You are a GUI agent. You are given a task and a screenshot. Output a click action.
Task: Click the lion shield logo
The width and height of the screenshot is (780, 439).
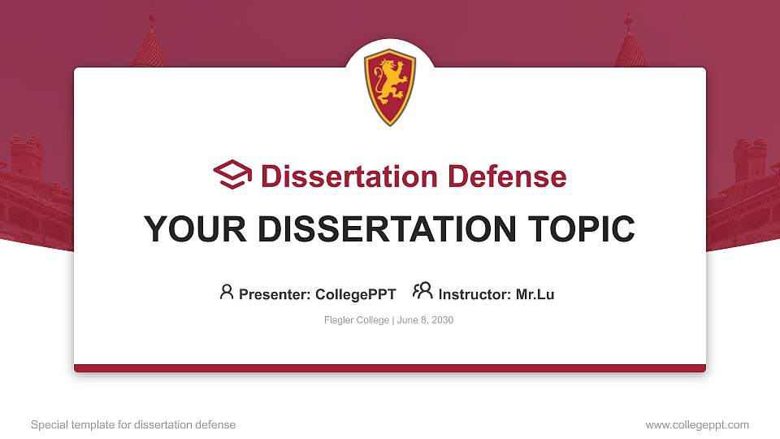pos(390,87)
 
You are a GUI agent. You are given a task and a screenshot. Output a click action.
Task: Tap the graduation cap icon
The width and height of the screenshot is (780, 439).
pos(233,175)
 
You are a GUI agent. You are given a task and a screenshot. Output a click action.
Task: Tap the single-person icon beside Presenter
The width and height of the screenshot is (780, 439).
pos(227,292)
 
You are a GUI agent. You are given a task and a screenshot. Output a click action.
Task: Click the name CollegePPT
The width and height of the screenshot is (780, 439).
pos(355,294)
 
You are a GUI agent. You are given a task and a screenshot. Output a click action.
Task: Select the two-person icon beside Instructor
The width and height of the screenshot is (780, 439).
pos(422,291)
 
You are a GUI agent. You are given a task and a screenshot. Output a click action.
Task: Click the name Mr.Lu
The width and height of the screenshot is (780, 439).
pos(535,294)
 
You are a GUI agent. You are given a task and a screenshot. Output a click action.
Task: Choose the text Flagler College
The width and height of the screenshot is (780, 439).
pos(356,320)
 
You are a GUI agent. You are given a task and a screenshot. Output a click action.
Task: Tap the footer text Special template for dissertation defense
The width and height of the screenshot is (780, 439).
pos(133,424)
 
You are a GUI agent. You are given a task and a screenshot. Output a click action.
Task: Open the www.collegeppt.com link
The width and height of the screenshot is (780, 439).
pos(697,424)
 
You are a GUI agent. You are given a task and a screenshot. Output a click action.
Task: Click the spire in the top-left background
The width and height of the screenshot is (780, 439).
pos(149,45)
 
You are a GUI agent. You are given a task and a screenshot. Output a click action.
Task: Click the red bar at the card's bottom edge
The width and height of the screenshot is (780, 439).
pos(390,368)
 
